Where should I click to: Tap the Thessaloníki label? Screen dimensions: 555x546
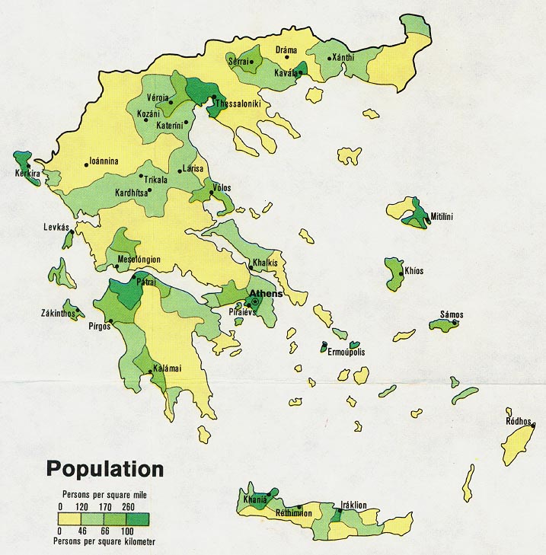241,104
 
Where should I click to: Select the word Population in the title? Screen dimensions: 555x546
104,467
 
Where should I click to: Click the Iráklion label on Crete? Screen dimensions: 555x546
353,505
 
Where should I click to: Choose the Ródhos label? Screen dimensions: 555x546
519,421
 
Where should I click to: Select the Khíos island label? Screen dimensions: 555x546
413,271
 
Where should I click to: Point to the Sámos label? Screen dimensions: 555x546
452,314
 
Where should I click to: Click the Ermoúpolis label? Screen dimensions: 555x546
346,352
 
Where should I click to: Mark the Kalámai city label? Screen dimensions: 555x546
167,368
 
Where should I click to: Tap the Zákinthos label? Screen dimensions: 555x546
59,313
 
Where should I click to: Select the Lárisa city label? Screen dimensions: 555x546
193,168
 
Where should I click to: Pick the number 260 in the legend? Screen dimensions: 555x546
127,506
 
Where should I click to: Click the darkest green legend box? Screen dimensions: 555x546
138,518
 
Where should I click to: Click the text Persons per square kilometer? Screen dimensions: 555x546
105,541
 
